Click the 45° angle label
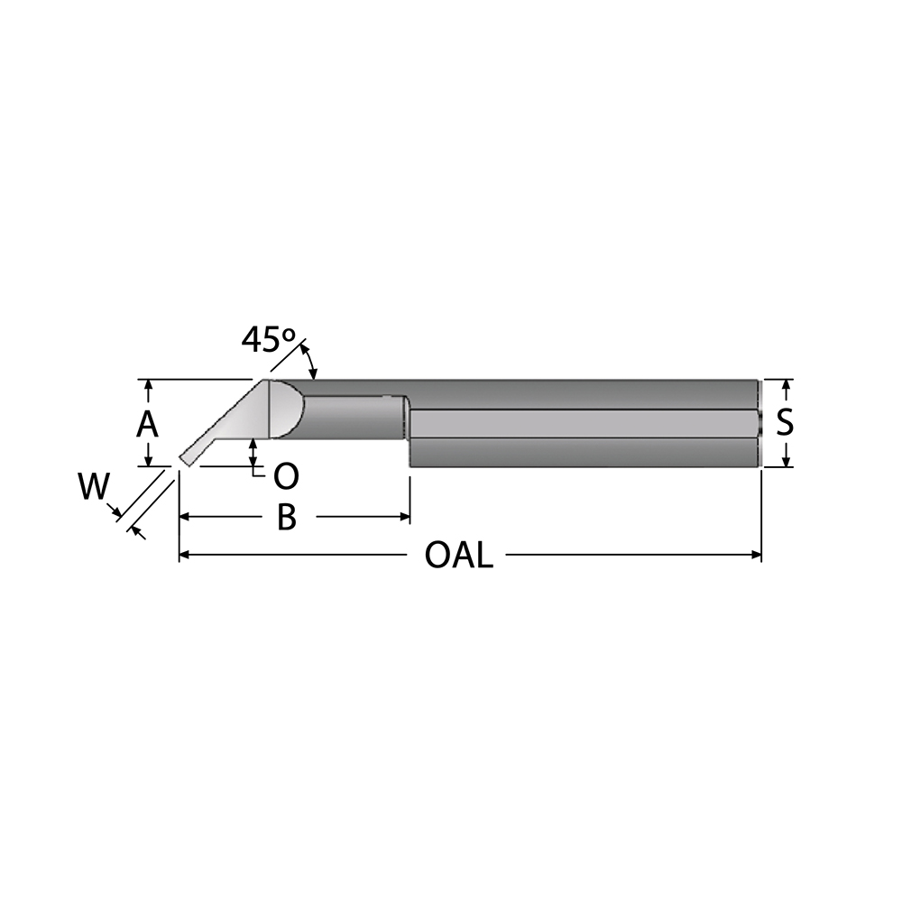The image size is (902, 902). coord(268,339)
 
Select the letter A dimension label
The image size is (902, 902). coord(147,426)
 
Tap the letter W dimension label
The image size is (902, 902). coord(94,487)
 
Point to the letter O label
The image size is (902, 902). coord(286,476)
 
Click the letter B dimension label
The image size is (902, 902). coord(287,517)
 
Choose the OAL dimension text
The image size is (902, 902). coord(459,556)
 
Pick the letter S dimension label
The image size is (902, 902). coord(785,423)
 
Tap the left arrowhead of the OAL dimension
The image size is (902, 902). coord(185,555)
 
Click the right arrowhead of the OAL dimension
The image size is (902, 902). coord(756,555)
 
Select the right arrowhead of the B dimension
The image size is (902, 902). coord(404,517)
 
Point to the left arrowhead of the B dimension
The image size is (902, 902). coord(185,517)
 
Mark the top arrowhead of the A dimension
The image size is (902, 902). coord(149,385)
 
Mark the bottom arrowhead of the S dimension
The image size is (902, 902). coord(787,460)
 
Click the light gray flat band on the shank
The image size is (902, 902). coord(584,424)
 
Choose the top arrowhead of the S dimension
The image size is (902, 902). coord(787,385)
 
